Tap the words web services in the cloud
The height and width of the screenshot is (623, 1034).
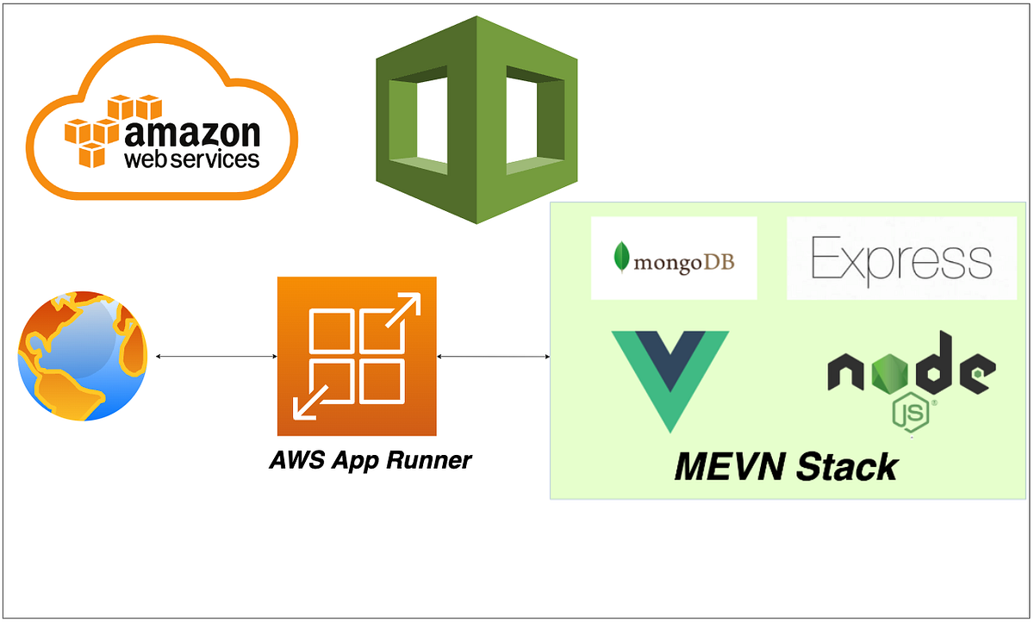tap(191, 159)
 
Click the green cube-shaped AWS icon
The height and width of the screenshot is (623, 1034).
tap(477, 120)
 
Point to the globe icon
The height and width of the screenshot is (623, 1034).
tap(83, 356)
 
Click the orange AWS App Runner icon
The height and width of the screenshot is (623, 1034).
tap(357, 356)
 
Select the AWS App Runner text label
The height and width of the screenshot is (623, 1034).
tap(371, 460)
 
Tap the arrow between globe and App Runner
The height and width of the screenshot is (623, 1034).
tap(212, 356)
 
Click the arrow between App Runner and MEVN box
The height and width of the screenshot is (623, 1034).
tap(493, 356)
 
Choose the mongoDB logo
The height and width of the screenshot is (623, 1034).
tap(674, 259)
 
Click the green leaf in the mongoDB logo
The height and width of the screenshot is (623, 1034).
tap(620, 258)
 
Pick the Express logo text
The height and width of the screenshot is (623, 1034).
tap(901, 259)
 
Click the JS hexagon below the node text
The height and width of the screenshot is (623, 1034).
tap(911, 414)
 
